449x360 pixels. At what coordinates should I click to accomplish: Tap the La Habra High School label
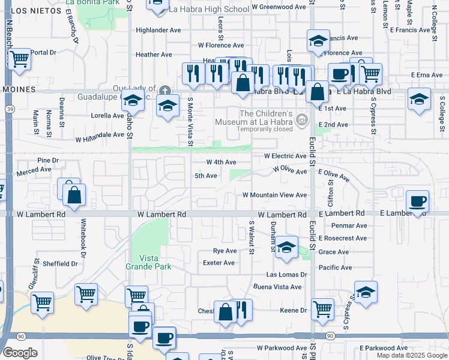pos(200,10)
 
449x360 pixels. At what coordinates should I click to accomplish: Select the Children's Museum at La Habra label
pos(266,118)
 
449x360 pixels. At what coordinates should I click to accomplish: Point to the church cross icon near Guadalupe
pos(165,91)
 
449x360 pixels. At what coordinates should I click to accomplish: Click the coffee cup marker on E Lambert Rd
pos(417,201)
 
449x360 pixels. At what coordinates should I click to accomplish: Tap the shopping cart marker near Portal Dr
pos(20,59)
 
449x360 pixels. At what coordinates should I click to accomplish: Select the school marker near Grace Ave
pos(287,248)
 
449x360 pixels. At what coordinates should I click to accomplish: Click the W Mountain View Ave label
pos(274,196)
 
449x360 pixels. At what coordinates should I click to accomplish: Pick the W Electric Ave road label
pos(285,156)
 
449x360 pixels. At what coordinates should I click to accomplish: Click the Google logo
pos(20,353)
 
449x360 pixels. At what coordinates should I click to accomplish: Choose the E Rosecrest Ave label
pos(343,238)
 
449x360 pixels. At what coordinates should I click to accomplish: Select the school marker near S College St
pos(418,99)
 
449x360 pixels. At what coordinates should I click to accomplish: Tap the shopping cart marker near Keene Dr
pos(322,308)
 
